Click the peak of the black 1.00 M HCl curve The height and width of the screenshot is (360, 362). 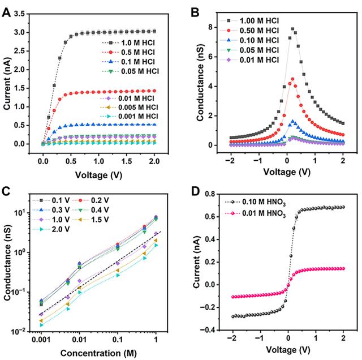292,28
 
